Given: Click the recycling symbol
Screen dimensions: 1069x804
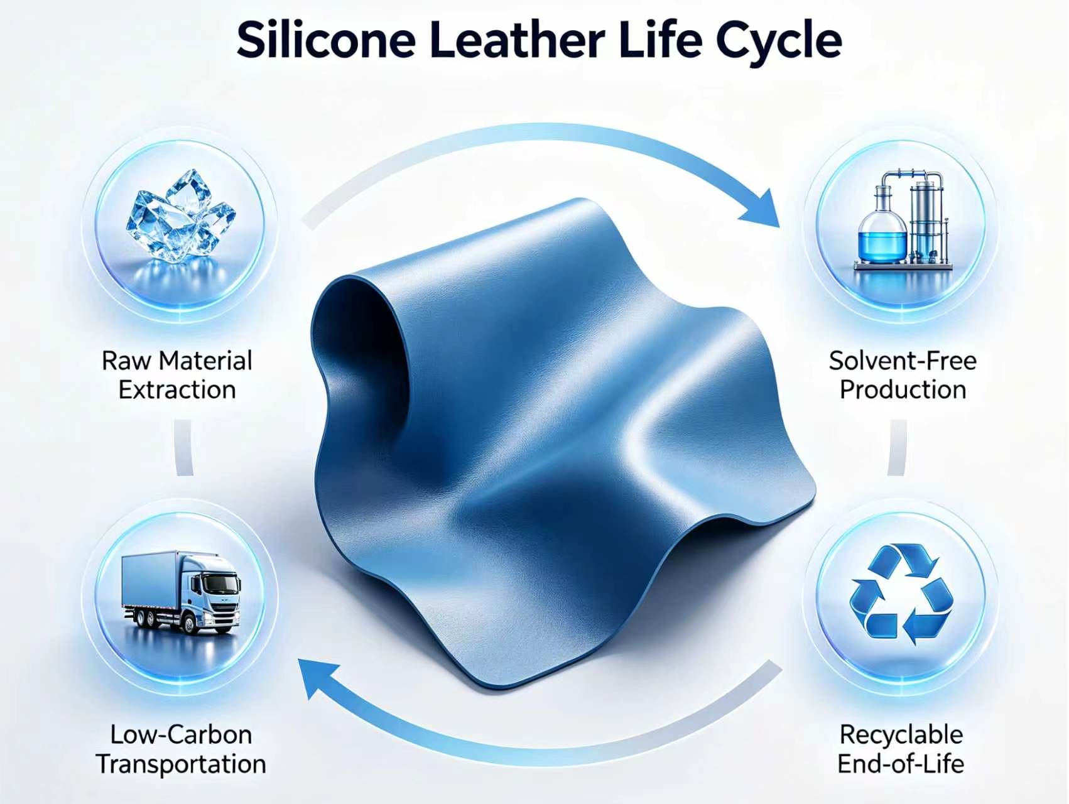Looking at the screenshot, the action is click(x=901, y=594).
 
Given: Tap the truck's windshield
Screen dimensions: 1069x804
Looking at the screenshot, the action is click(x=220, y=585).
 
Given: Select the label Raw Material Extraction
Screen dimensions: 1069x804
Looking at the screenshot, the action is click(x=177, y=375).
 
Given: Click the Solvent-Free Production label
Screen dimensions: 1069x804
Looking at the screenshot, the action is click(x=903, y=375).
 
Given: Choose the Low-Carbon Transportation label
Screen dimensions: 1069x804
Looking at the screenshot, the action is click(x=181, y=749).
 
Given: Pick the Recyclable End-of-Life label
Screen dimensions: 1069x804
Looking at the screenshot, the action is click(x=901, y=749).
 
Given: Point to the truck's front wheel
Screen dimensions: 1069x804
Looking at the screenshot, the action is click(x=190, y=623).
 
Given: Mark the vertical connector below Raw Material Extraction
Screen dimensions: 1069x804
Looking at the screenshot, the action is click(x=183, y=447).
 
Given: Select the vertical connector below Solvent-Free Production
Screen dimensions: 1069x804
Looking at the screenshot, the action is click(x=898, y=447).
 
